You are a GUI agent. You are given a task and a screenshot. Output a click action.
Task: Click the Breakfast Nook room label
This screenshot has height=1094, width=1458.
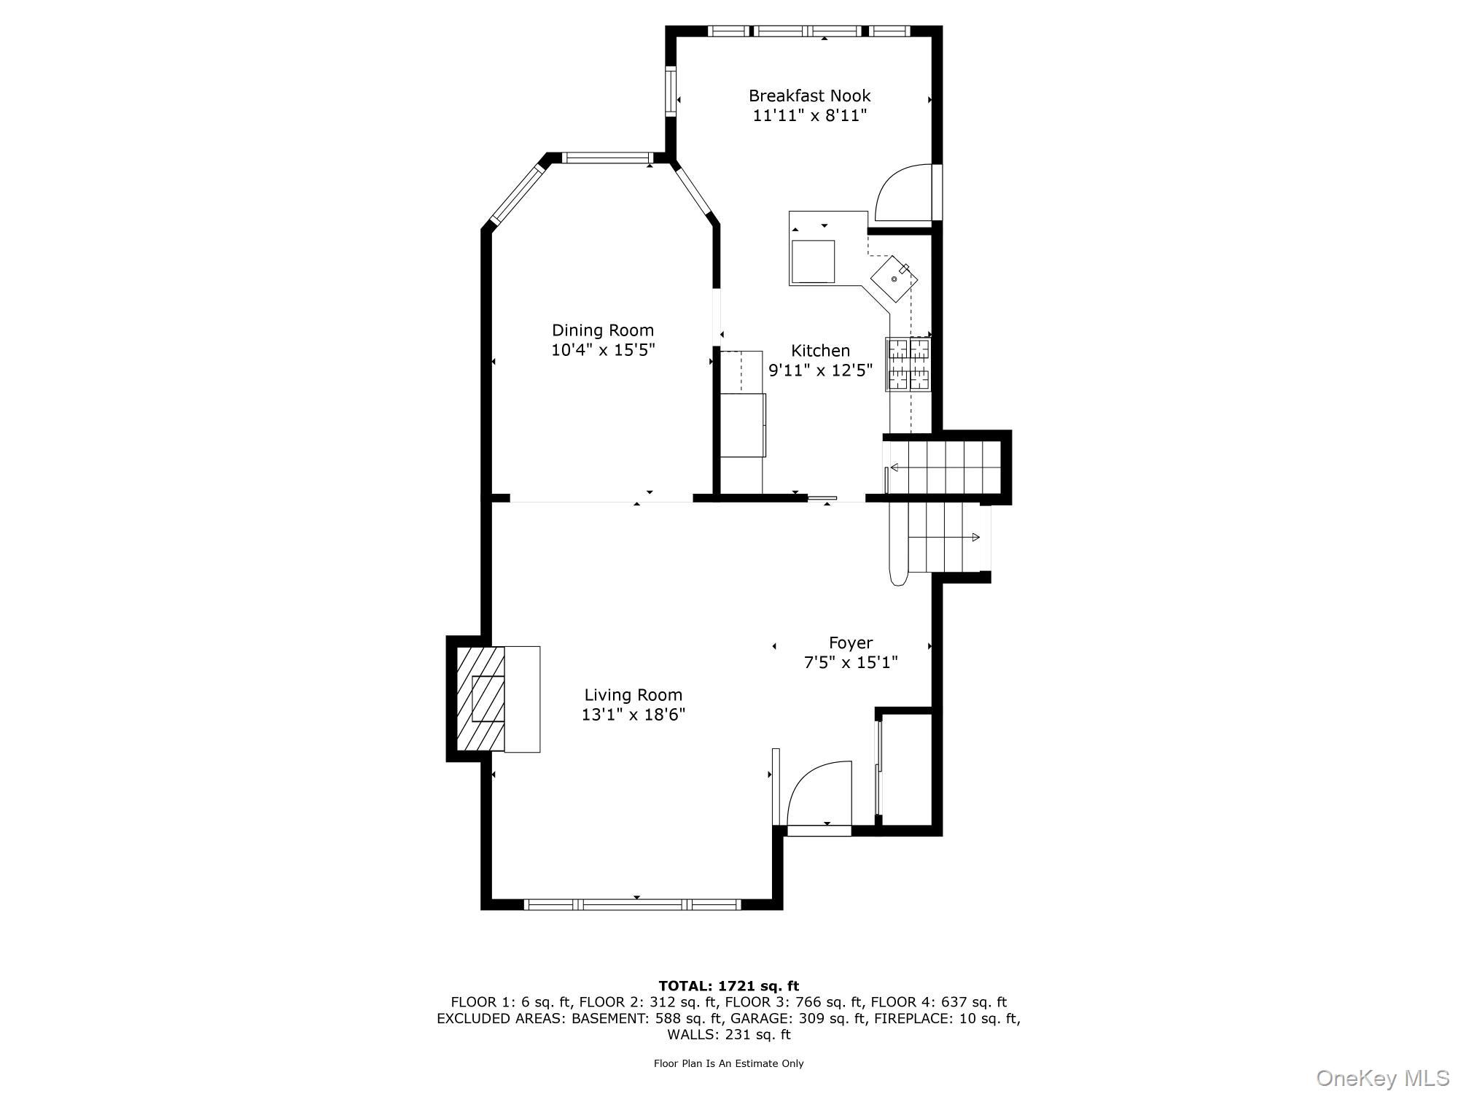(x=809, y=96)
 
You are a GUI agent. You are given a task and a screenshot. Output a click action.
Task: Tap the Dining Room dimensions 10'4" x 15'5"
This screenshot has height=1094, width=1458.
(x=603, y=350)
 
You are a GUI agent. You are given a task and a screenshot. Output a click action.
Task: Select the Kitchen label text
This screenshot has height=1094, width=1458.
(x=821, y=351)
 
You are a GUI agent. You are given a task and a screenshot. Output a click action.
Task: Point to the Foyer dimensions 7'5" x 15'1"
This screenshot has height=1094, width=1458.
(x=850, y=663)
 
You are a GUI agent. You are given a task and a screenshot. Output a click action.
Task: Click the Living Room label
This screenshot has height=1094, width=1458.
(x=633, y=695)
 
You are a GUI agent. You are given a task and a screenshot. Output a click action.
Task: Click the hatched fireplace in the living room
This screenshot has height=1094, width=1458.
(x=480, y=699)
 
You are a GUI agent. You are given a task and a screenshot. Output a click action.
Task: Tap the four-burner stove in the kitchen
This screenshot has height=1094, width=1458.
(x=908, y=364)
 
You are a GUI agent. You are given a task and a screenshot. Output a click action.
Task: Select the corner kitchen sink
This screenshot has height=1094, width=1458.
(x=894, y=280)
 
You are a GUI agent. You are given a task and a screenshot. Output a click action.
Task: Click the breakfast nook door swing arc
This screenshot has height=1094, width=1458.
(x=903, y=193)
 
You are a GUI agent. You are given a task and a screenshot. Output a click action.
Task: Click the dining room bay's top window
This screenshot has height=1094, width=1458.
(x=607, y=158)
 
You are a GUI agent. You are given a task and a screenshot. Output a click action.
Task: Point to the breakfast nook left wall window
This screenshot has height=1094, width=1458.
(x=671, y=91)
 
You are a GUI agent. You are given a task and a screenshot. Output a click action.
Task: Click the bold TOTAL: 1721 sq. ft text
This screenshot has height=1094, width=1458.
(x=728, y=986)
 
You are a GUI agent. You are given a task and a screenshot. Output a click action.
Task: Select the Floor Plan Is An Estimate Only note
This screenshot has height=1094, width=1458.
(x=728, y=1063)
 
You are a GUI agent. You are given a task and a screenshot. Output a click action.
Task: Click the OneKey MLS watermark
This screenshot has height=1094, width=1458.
(x=1382, y=1077)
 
